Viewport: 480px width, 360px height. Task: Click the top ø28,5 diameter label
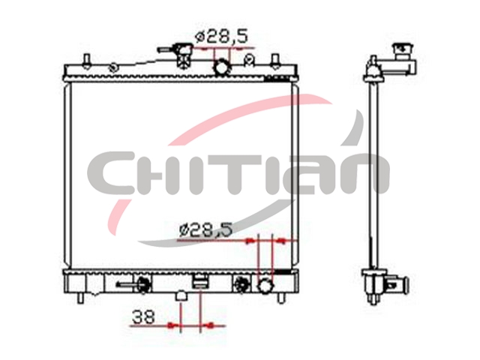coord(221,37)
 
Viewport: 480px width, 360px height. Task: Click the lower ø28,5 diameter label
coord(205,230)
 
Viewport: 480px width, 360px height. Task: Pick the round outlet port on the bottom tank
coord(265,285)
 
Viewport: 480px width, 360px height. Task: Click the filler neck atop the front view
coord(183,55)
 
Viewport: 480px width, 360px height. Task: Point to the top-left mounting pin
coord(87,60)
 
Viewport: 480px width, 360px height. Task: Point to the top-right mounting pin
coord(275,60)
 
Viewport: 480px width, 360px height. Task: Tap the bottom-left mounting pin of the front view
coord(80,298)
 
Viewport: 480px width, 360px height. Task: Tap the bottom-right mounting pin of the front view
coord(280,298)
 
